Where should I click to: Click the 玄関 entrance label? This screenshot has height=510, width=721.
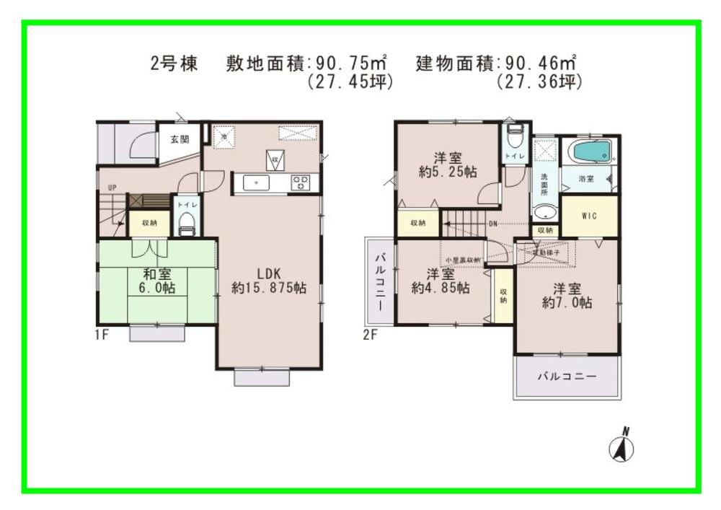pos(180,139)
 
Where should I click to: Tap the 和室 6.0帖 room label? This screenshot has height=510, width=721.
pos(156,281)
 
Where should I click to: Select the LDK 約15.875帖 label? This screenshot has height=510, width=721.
pos(268,280)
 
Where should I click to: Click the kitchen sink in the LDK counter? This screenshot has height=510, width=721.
pos(257,183)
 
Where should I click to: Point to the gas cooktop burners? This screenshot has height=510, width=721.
pos(300,183)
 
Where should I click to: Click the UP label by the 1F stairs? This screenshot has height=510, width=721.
pos(112,188)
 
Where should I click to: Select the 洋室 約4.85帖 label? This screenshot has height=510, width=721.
pos(440,281)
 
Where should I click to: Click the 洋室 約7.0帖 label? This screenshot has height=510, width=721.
pos(567,296)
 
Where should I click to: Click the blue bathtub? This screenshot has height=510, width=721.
pos(590,152)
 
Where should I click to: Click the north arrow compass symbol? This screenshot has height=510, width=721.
pos(622,447)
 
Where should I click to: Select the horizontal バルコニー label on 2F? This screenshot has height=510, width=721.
pos(567,377)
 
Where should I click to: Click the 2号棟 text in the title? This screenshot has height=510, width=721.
pos(174,63)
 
